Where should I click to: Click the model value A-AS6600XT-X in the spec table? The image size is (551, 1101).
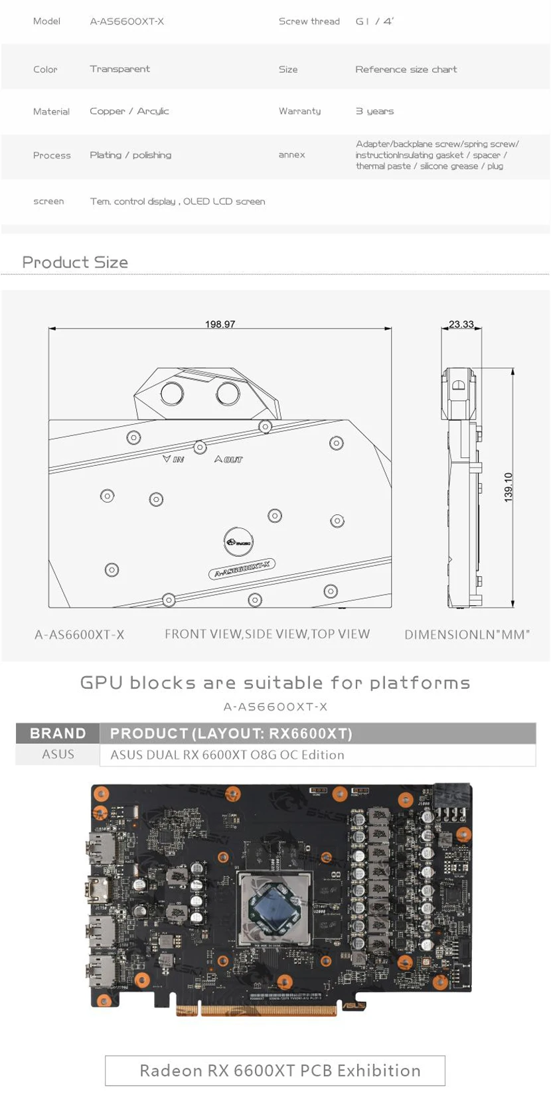127,21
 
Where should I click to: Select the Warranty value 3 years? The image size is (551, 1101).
374,111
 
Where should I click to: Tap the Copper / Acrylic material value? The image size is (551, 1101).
129,111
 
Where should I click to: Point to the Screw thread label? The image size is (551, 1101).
309,21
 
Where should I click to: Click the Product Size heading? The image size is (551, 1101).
75,262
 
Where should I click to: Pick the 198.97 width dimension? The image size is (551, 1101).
220,324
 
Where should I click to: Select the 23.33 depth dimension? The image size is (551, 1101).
461,324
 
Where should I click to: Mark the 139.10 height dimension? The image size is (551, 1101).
509,487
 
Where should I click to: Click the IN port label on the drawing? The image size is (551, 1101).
174,459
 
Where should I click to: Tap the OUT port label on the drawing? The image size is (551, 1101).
229,459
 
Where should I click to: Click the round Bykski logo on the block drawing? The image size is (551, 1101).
238,542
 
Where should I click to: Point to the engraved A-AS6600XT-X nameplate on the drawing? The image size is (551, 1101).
242,569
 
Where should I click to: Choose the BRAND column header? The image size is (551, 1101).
58,733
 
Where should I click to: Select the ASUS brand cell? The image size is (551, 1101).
58,755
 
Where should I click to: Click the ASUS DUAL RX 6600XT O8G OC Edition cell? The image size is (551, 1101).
227,755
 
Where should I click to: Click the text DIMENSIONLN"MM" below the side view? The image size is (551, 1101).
467,634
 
